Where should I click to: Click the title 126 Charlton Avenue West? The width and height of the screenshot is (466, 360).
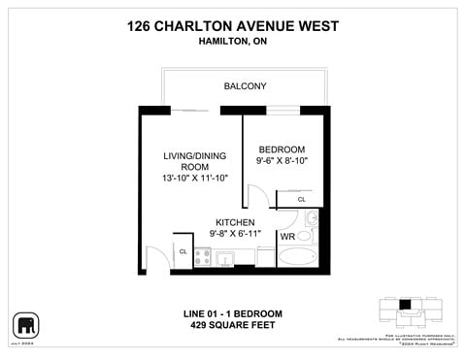pos(233,26)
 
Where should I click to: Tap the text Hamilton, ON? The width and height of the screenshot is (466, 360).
pos(233,43)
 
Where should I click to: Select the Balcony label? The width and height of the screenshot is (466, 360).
pos(245,86)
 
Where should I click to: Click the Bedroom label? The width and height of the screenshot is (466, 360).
pos(281,149)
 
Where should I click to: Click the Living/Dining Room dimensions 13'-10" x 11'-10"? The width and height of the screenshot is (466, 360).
pos(195,179)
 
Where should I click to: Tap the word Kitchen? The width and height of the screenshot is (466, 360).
pos(235,222)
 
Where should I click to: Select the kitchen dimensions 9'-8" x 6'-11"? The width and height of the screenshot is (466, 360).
pos(235,234)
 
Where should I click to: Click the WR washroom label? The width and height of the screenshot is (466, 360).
pos(287,237)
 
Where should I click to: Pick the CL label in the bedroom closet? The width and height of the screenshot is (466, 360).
pos(301,200)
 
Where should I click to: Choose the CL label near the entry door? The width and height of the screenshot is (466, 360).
pos(183,251)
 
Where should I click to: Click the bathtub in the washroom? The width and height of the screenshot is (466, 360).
pos(297,258)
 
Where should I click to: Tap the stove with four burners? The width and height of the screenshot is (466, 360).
pos(204,257)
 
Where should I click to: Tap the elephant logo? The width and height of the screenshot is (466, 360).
pos(25,324)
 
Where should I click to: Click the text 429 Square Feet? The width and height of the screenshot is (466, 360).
pos(233,325)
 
